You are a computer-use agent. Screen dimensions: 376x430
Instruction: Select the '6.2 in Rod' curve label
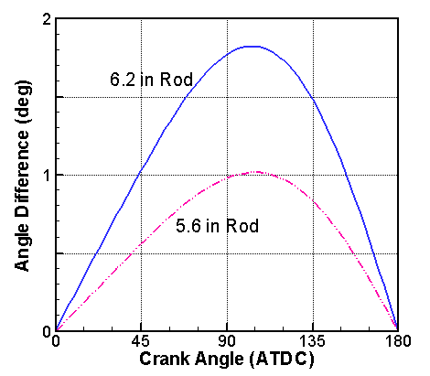click(151, 80)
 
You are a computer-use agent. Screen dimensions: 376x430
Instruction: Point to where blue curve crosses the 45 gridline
click(141, 170)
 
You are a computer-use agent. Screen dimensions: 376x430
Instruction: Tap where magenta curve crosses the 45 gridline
click(141, 242)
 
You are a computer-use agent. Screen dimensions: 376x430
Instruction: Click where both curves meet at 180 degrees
click(397, 329)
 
